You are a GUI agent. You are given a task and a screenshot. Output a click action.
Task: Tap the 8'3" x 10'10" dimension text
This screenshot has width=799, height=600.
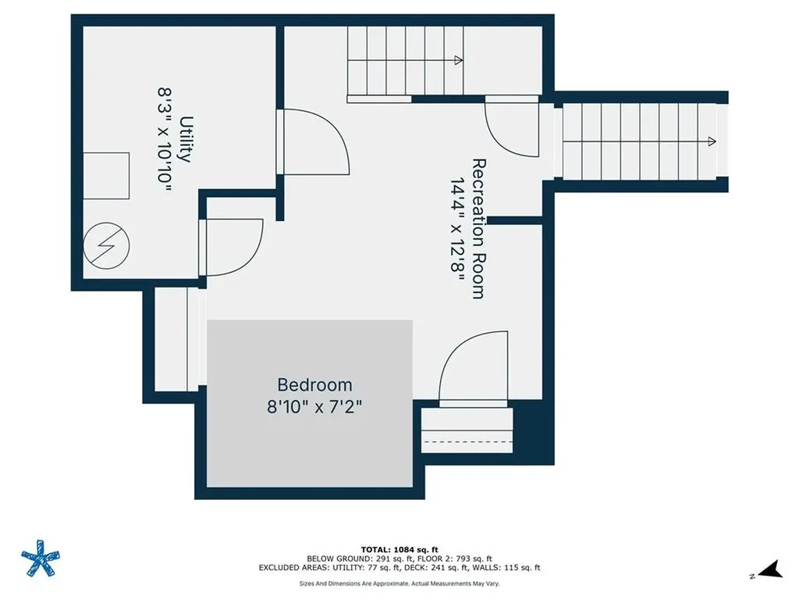pos(165,139)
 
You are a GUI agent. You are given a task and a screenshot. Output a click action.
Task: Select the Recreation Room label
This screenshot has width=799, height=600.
pos(479,228)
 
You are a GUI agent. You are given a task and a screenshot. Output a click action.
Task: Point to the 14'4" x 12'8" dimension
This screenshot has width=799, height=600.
pos(457,228)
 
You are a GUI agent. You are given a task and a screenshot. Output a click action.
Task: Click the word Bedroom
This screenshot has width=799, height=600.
pos(314,385)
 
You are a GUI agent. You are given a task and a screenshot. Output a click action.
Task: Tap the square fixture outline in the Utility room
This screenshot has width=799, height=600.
pos(106,176)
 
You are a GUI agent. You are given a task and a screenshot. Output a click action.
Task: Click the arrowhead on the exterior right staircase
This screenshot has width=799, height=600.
pos(711,141)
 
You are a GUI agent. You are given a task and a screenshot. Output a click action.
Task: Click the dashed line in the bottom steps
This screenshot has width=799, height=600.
pos(467,442)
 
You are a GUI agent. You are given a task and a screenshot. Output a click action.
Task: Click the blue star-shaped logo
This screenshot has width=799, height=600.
pos(40,560)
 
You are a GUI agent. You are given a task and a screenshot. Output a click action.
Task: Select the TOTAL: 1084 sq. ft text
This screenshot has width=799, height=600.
pos(399,549)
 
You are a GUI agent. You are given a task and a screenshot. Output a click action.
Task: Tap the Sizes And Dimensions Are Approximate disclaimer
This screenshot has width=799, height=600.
pos(399,583)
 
